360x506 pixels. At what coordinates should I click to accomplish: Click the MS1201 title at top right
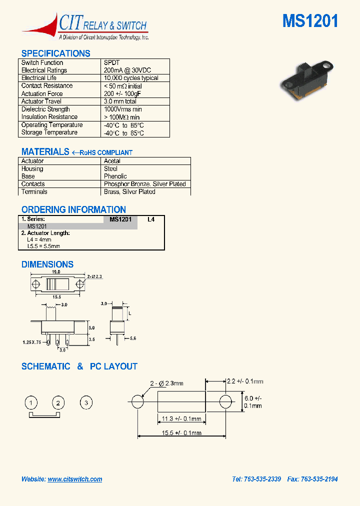point(310,21)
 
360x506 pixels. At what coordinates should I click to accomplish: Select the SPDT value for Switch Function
point(112,63)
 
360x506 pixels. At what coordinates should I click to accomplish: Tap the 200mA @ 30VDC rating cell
point(127,70)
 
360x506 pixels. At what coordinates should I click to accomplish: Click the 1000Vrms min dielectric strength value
point(123,109)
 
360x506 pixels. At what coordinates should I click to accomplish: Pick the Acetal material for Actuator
point(112,161)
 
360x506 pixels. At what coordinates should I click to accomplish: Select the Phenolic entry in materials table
point(115,176)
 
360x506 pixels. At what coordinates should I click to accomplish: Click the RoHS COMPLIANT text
point(106,152)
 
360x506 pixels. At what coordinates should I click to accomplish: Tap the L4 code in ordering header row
point(151,219)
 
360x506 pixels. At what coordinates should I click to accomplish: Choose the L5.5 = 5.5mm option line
point(43,246)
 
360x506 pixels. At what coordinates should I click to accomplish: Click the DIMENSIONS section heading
point(47,264)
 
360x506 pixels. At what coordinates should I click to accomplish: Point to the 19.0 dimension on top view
point(55,272)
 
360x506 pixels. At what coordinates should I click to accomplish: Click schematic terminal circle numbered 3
point(86,402)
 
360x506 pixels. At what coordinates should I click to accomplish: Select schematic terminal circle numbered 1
point(31,402)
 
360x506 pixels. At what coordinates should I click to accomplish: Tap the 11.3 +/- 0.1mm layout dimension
point(182,419)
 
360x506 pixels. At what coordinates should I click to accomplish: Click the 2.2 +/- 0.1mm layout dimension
point(244,381)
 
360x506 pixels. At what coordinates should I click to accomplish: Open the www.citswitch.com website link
point(75,479)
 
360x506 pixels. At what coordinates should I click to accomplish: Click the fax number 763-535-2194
point(318,479)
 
